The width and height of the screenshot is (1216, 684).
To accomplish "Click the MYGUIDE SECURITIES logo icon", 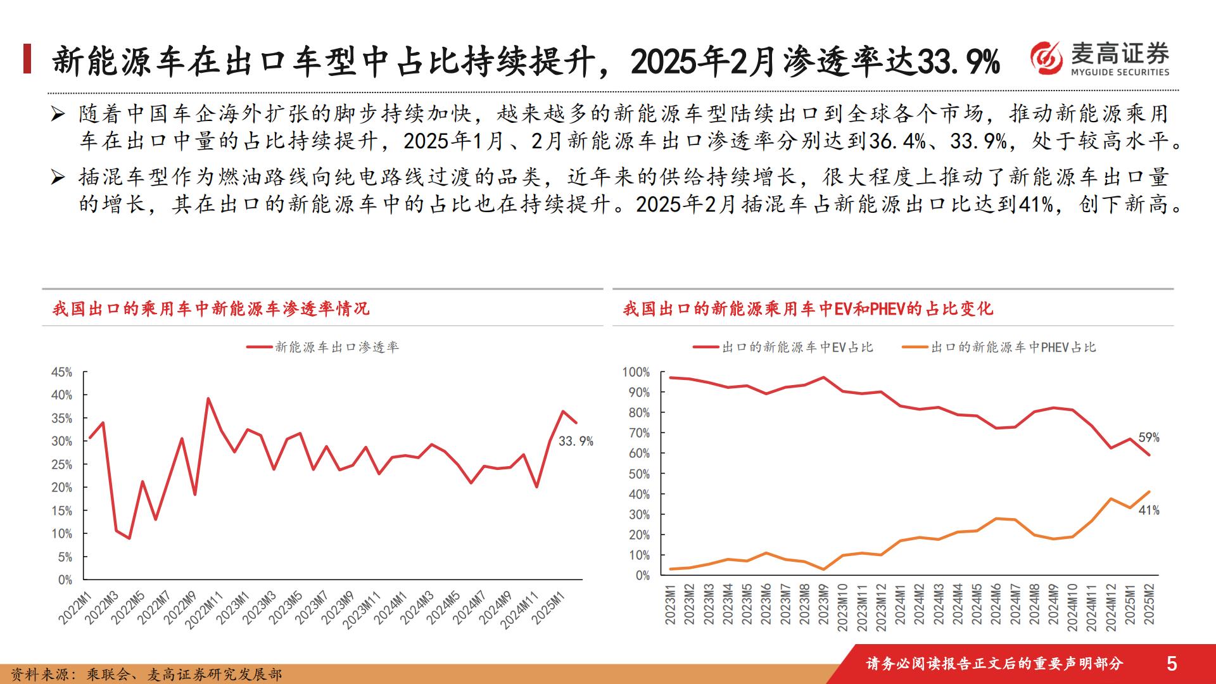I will (x=1046, y=58).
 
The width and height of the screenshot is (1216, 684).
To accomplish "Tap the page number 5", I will (x=1172, y=663).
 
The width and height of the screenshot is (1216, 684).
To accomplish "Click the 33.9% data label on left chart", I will (x=576, y=441).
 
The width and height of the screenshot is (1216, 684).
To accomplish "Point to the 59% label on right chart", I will (x=1149, y=438).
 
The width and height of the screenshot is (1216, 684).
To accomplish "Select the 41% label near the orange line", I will (x=1149, y=510).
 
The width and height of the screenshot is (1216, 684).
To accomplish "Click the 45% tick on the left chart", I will (x=62, y=372).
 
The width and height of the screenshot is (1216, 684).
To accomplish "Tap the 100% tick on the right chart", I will (x=636, y=372).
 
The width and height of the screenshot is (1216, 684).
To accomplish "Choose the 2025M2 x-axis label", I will (x=1149, y=604).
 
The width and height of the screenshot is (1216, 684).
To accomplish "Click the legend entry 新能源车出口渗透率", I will (x=323, y=347).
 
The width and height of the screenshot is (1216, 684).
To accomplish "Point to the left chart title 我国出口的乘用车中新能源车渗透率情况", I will (x=210, y=309).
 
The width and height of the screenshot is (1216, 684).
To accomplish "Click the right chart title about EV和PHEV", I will (x=808, y=309).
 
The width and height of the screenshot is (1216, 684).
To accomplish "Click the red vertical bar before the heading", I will (x=27, y=59).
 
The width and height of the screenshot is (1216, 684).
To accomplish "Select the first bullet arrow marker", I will (x=58, y=115).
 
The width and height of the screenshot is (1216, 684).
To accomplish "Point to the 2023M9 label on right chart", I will (x=823, y=604).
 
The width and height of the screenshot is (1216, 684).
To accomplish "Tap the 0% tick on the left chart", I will (x=65, y=579).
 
